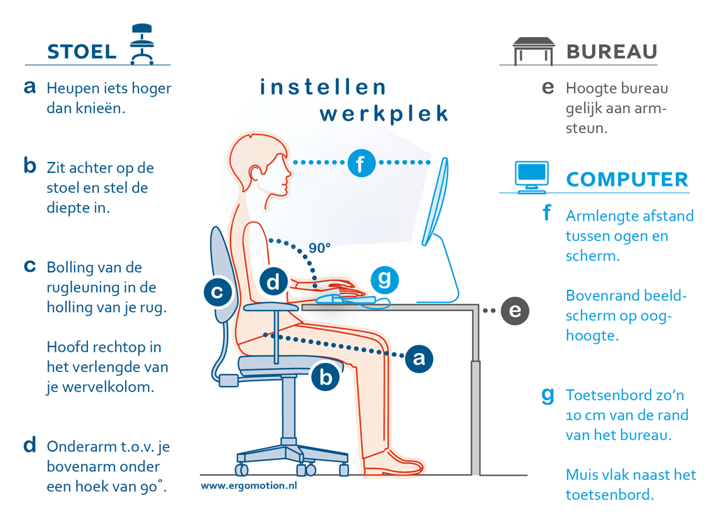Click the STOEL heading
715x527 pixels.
tap(82, 52)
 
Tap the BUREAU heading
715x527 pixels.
tap(612, 52)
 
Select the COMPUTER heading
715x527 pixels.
tap(627, 179)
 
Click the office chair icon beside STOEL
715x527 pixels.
tap(142, 44)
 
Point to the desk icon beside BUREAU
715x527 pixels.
tap(534, 50)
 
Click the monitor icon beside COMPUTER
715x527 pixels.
tap(531, 177)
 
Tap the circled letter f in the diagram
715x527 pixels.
tap(361, 164)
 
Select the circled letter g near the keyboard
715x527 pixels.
tap(384, 280)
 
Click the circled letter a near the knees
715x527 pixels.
tap(418, 358)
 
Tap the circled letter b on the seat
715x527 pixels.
tap(325, 377)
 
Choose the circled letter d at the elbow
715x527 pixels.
tap(274, 282)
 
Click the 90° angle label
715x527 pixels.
tap(319, 247)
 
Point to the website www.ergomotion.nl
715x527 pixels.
tap(249, 484)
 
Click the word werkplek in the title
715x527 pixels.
tap(383, 114)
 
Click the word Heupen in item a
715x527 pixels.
tap(70, 89)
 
